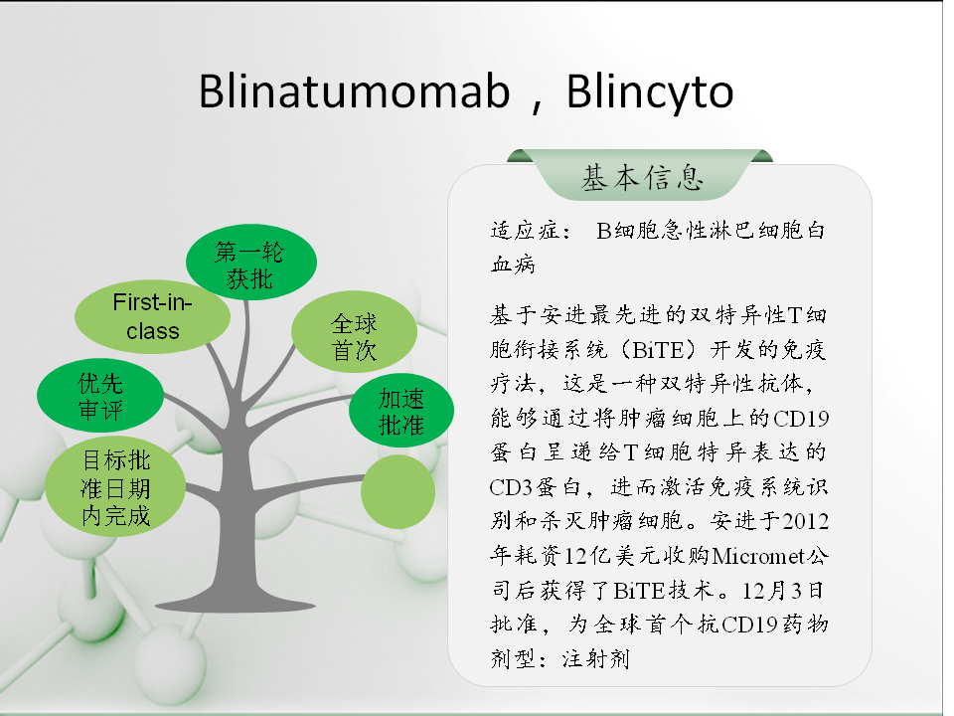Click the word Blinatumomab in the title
(354, 91)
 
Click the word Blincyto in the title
(650, 92)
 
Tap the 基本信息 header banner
(641, 176)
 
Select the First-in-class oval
(152, 316)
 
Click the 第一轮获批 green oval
(250, 262)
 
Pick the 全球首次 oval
(354, 332)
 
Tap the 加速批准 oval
(401, 411)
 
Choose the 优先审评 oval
(100, 395)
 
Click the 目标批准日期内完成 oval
(115, 486)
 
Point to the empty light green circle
(397, 492)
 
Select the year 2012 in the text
(806, 521)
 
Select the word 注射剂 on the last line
(596, 658)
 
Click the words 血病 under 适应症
(513, 265)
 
